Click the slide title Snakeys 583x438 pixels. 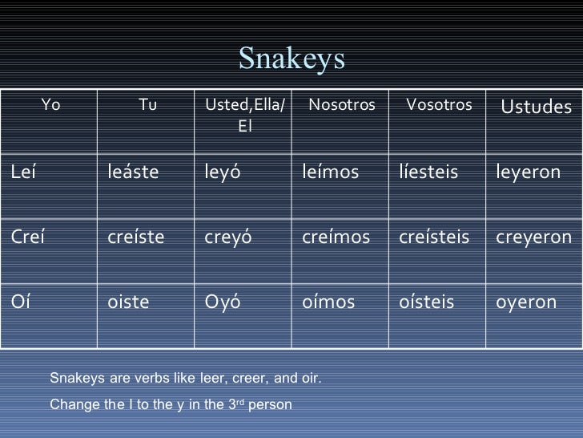point(291,58)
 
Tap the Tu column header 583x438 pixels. point(147,106)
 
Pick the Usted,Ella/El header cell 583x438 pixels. point(244,116)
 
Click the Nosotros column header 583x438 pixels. point(341,106)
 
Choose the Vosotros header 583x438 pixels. point(440,106)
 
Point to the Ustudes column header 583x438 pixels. point(536,107)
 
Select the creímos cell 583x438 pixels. point(336,237)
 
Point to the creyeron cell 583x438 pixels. point(533,237)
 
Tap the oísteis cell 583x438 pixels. point(426,302)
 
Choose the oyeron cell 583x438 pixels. point(526,302)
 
